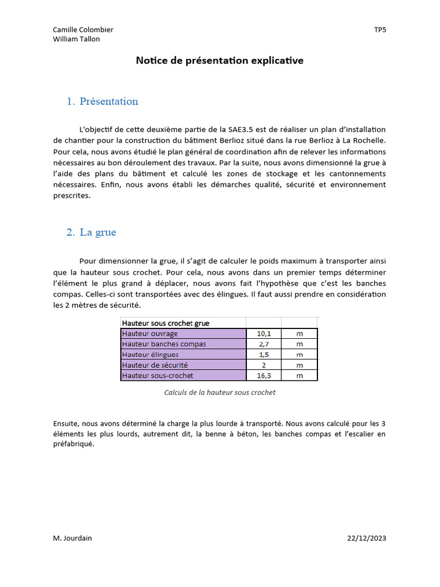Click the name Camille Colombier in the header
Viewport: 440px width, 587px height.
coord(83,30)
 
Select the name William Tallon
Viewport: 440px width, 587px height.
coord(76,39)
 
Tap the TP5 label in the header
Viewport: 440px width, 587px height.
coord(380,30)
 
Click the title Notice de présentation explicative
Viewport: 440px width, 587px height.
coord(219,60)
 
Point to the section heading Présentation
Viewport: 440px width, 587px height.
coord(109,101)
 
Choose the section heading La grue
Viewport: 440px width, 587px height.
coord(98,232)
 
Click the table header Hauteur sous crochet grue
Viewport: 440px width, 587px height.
coord(166,323)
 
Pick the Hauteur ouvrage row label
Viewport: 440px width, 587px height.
coord(150,334)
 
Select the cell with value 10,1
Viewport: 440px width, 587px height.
coord(263,334)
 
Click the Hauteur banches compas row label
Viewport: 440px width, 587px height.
coord(164,344)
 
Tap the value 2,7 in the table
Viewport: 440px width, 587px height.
coord(263,344)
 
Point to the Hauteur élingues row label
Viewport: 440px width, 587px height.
coord(150,355)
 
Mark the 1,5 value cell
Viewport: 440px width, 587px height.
coord(263,355)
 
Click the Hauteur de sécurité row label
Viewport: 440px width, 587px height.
coord(155,365)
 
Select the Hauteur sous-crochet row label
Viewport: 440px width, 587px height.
coord(158,375)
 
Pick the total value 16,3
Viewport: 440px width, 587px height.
coord(263,375)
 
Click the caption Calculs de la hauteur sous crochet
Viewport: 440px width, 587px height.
coord(219,393)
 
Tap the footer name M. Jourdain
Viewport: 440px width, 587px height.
coord(72,538)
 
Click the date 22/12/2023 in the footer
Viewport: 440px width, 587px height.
coord(367,538)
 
